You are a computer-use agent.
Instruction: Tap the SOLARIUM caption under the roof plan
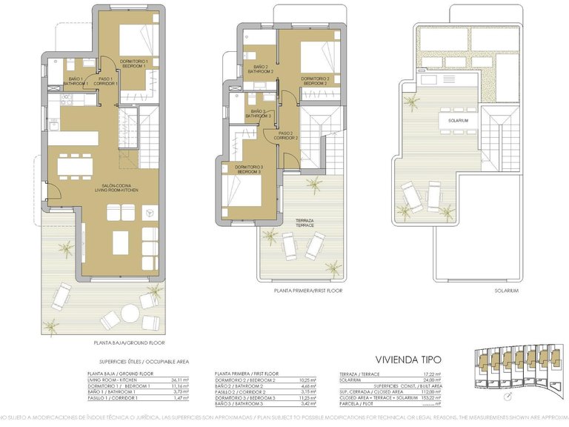click(x=506, y=291)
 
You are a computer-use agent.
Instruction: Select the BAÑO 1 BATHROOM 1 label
click(x=75, y=81)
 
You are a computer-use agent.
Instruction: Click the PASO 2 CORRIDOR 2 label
click(x=286, y=136)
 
